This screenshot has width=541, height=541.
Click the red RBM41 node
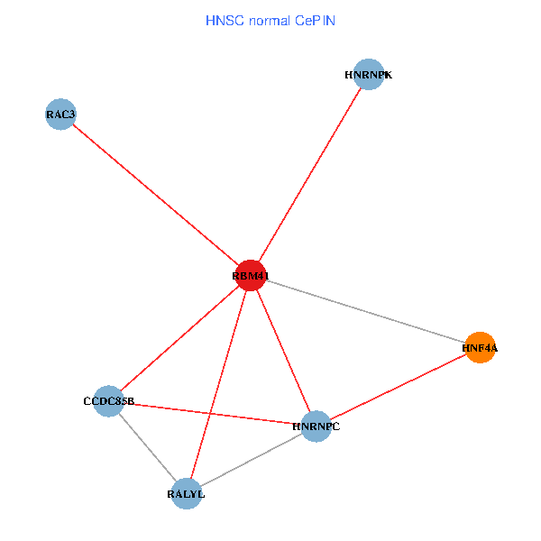click(250, 275)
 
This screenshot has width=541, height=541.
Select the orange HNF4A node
click(480, 347)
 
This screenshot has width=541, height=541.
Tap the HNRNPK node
click(369, 75)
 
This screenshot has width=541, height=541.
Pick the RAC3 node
click(60, 115)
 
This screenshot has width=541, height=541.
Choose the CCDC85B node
click(108, 401)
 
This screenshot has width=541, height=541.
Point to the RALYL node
click(186, 494)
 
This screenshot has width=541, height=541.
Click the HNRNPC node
click(316, 426)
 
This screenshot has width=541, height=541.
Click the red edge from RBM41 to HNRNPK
click(309, 175)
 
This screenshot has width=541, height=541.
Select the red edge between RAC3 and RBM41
click(154, 195)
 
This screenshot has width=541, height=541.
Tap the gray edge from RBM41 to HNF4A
click(364, 311)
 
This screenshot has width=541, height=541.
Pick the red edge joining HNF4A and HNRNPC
click(398, 386)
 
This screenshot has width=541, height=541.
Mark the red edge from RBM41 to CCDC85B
click(179, 338)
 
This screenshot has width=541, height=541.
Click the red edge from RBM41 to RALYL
click(217, 385)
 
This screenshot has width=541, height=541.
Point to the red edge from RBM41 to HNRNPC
click(282, 350)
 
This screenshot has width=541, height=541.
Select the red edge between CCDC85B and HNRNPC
click(212, 413)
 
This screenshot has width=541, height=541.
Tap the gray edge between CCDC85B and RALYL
click(147, 447)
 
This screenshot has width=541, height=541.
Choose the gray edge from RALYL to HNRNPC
click(251, 460)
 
